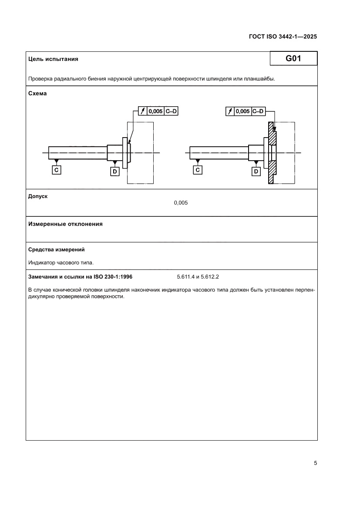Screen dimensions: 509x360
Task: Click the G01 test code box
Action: pyautogui.click(x=293, y=58)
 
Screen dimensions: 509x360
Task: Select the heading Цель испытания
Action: pyautogui.click(x=53, y=59)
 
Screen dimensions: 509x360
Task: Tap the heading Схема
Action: pyautogui.click(x=37, y=93)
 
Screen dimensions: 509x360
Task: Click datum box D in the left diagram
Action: pyautogui.click(x=115, y=172)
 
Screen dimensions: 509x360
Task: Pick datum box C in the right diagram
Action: pyautogui.click(x=198, y=170)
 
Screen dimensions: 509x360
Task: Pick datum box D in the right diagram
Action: pyautogui.click(x=256, y=172)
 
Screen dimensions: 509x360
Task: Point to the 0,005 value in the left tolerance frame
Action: pyautogui.click(x=155, y=111)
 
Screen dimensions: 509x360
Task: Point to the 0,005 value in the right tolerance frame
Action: pyautogui.click(x=243, y=111)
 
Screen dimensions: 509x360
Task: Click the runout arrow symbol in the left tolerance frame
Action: pyautogui.click(x=143, y=111)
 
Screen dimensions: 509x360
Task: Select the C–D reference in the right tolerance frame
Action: pyautogui.click(x=259, y=111)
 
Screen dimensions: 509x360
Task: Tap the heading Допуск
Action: pyautogui.click(x=38, y=196)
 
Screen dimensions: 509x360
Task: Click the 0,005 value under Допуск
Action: pyautogui.click(x=181, y=203)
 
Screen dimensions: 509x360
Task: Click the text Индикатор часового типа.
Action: pyautogui.click(x=61, y=263)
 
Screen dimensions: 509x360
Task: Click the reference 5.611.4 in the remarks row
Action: pyautogui.click(x=186, y=276)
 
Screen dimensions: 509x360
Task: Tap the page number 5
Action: pyautogui.click(x=315, y=463)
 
